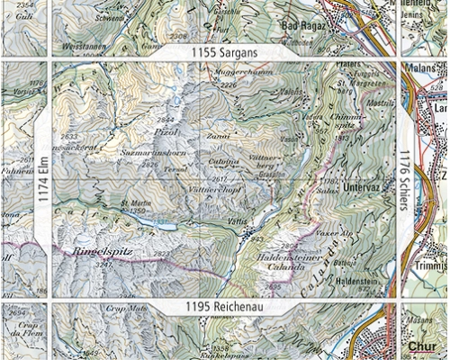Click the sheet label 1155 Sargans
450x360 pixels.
coord(224,53)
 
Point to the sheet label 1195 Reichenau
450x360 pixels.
coord(224,308)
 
